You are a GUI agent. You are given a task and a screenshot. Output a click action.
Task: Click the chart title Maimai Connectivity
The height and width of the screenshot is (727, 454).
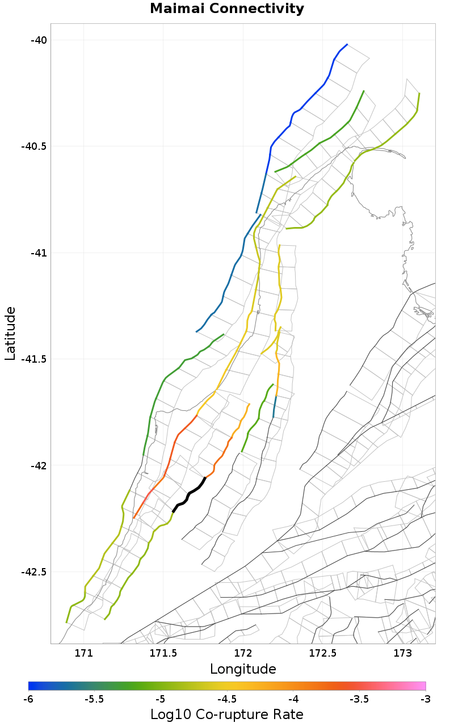tap(227, 9)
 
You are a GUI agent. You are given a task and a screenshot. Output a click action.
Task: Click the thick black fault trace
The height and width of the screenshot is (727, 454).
tap(189, 495)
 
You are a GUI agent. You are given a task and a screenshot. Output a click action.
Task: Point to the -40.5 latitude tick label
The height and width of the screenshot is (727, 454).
tap(33, 146)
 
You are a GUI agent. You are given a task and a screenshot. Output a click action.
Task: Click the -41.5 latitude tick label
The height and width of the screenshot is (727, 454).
tap(33, 359)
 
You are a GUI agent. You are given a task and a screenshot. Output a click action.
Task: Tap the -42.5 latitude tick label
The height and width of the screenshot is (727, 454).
tap(33, 571)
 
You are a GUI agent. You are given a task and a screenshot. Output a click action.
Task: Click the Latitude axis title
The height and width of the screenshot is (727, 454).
tap(10, 333)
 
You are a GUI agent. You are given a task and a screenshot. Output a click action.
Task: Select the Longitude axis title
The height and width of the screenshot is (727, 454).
tap(243, 669)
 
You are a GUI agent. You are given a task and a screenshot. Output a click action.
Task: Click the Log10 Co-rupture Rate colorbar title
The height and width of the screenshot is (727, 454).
tap(227, 714)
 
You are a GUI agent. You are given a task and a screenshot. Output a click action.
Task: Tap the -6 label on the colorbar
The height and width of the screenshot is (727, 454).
tap(28, 699)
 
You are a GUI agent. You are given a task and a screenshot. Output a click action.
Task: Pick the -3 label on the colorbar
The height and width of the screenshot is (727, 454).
tap(425, 699)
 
